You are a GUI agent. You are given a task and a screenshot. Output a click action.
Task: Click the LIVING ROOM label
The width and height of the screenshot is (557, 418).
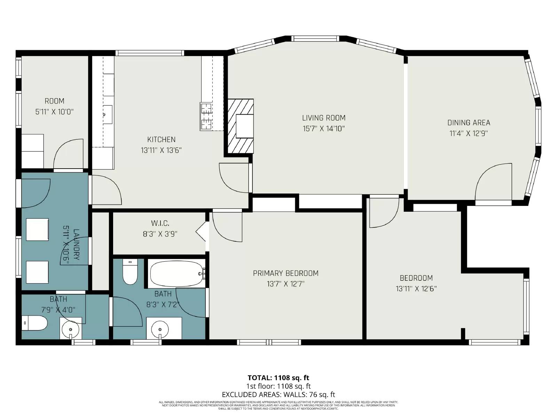point(323,118)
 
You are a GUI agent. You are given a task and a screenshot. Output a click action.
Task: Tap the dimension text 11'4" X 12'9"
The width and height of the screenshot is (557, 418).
point(468,133)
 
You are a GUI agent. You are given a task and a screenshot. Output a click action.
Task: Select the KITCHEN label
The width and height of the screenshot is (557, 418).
point(161,139)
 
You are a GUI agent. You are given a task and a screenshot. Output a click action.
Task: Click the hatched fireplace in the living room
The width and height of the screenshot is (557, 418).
point(241,126)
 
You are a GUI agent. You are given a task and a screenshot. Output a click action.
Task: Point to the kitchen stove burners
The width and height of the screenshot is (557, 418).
point(206,116)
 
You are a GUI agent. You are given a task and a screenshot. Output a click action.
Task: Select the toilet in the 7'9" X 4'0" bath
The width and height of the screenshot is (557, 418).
point(34,323)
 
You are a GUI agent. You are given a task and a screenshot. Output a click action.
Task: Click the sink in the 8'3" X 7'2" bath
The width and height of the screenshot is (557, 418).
point(160,329)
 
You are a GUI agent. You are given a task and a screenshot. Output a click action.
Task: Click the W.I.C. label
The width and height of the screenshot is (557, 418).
point(160,223)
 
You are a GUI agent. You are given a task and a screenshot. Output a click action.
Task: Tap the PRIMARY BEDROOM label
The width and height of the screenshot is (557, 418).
point(285,273)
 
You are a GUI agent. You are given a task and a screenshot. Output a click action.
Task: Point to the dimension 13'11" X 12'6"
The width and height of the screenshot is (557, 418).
point(416,289)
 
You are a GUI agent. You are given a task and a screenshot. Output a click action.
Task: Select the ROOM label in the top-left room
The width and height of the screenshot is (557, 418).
point(54,101)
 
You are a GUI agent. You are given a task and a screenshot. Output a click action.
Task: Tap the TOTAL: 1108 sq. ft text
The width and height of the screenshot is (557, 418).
point(278,378)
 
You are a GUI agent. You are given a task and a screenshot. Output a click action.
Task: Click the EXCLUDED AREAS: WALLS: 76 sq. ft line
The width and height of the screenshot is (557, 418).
point(278,395)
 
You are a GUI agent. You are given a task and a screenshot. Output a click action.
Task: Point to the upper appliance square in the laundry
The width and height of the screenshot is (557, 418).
point(38,229)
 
